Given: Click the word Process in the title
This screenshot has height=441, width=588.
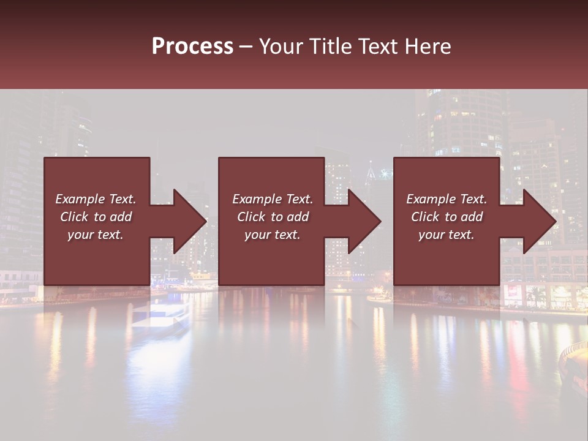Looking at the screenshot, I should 192,46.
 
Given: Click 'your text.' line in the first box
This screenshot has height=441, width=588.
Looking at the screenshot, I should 96,235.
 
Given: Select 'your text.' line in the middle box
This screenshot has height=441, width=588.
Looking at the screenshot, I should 273,235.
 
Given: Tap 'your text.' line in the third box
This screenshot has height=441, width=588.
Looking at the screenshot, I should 447,235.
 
